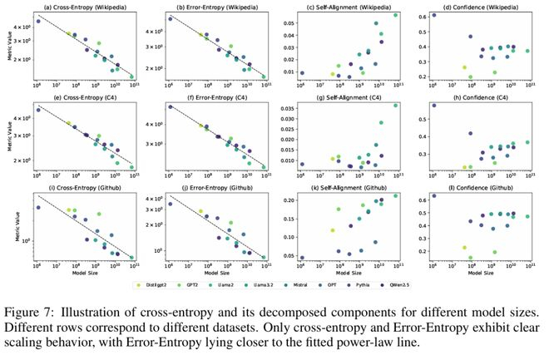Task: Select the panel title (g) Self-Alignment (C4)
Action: click(346, 99)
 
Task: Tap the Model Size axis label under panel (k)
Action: click(348, 273)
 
